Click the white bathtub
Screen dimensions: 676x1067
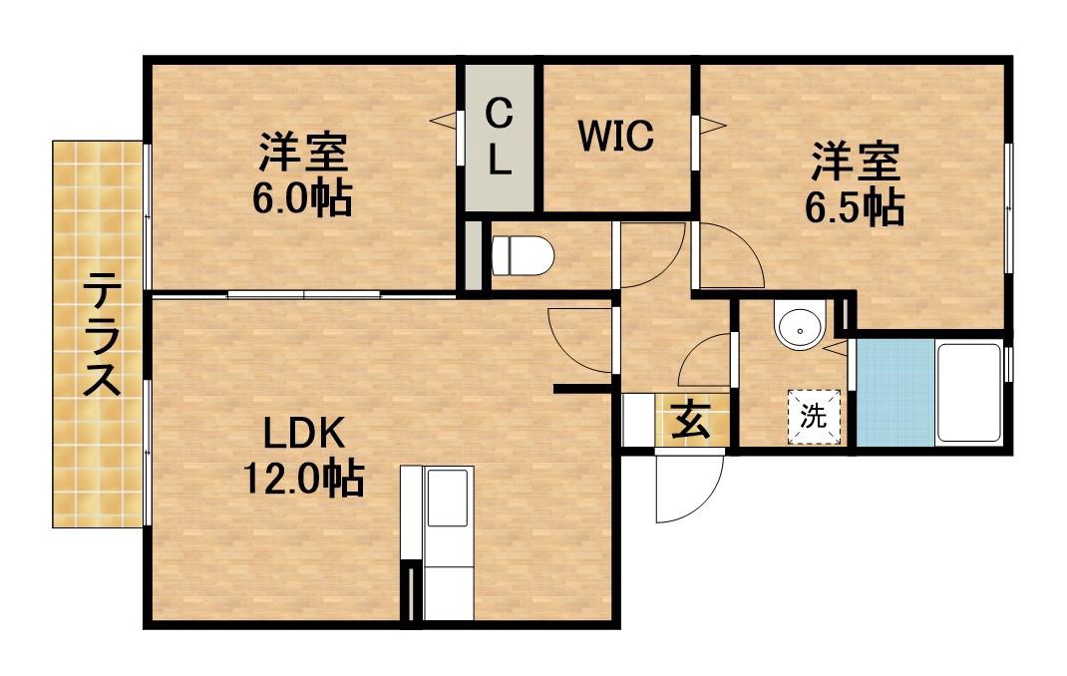pos(968,393)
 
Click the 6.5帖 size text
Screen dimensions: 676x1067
pos(855,206)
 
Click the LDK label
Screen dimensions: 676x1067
pos(303,435)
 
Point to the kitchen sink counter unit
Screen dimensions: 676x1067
pos(439,543)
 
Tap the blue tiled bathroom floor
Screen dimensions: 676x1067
pos(895,393)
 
